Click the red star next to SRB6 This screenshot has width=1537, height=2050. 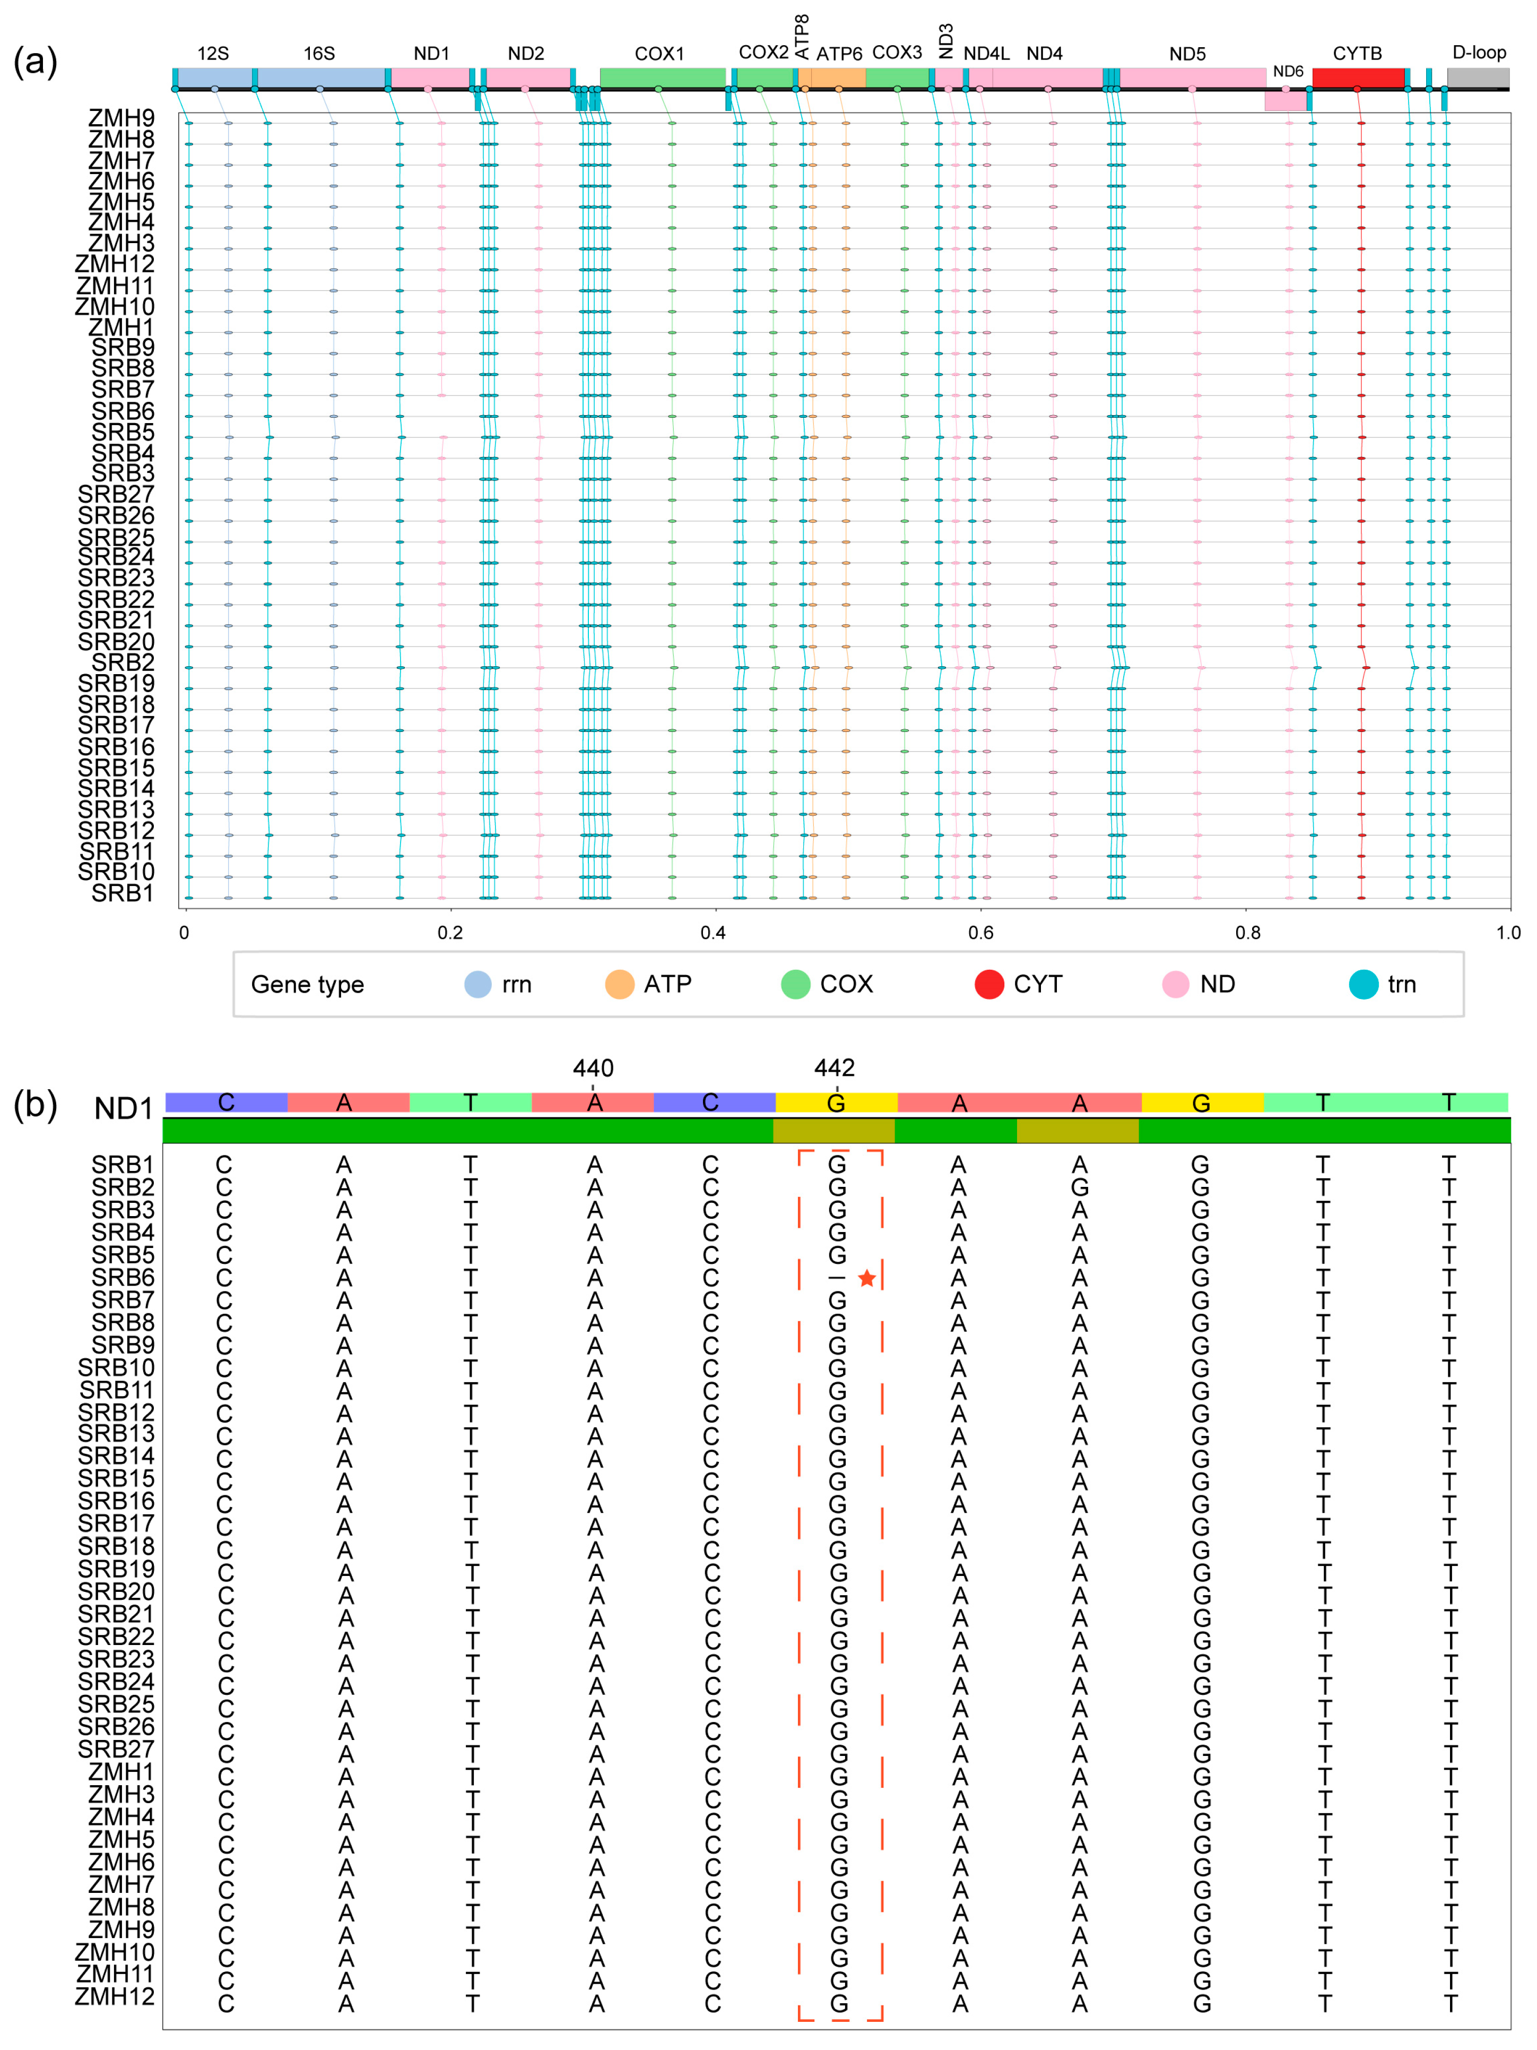[x=866, y=1279]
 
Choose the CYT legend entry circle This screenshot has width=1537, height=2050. [x=988, y=984]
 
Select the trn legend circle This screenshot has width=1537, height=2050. [x=1363, y=984]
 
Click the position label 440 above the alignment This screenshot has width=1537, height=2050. [x=593, y=1069]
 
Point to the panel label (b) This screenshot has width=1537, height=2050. [x=35, y=1105]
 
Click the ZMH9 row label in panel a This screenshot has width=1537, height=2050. [x=121, y=118]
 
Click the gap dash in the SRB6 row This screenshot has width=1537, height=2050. [x=837, y=1279]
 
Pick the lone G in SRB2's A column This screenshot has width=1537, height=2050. [x=1079, y=1187]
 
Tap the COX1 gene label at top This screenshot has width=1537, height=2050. [x=659, y=54]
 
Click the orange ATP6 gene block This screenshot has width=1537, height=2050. [x=838, y=78]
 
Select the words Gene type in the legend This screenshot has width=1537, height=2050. [x=308, y=984]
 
